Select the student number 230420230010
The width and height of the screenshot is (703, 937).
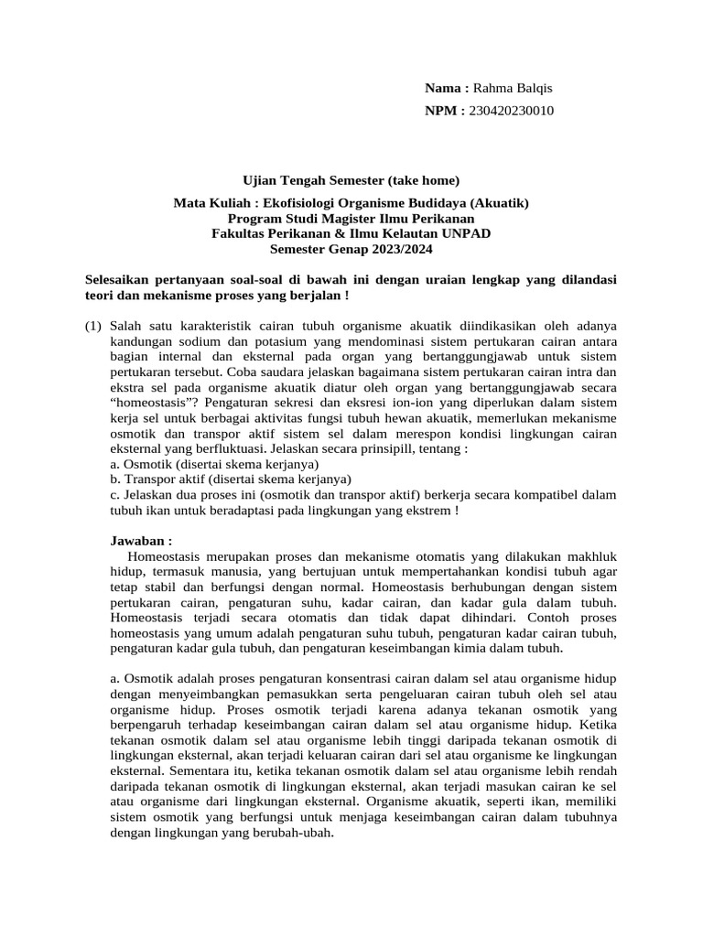pyautogui.click(x=511, y=111)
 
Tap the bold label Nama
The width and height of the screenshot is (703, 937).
pyautogui.click(x=446, y=88)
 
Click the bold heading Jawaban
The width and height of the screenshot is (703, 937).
pyautogui.click(x=141, y=540)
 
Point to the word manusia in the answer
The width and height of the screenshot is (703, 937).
pyautogui.click(x=215, y=572)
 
